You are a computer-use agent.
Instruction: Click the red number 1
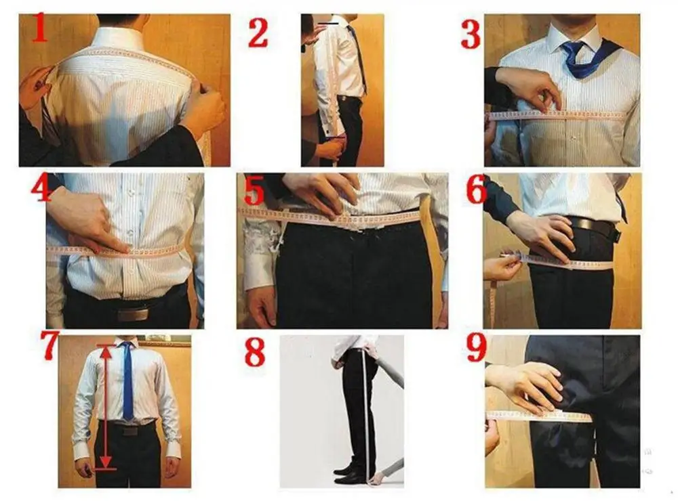click(x=40, y=28)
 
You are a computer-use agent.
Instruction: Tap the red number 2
click(x=258, y=32)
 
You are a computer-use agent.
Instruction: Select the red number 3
click(x=471, y=34)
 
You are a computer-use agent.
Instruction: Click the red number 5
click(x=254, y=190)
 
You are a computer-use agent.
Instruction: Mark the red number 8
click(x=255, y=352)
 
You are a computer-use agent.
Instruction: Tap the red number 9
click(x=477, y=348)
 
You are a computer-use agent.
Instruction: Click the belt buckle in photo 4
click(x=132, y=314)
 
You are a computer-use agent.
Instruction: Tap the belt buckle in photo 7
click(x=130, y=431)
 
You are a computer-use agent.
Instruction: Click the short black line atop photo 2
click(x=329, y=24)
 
